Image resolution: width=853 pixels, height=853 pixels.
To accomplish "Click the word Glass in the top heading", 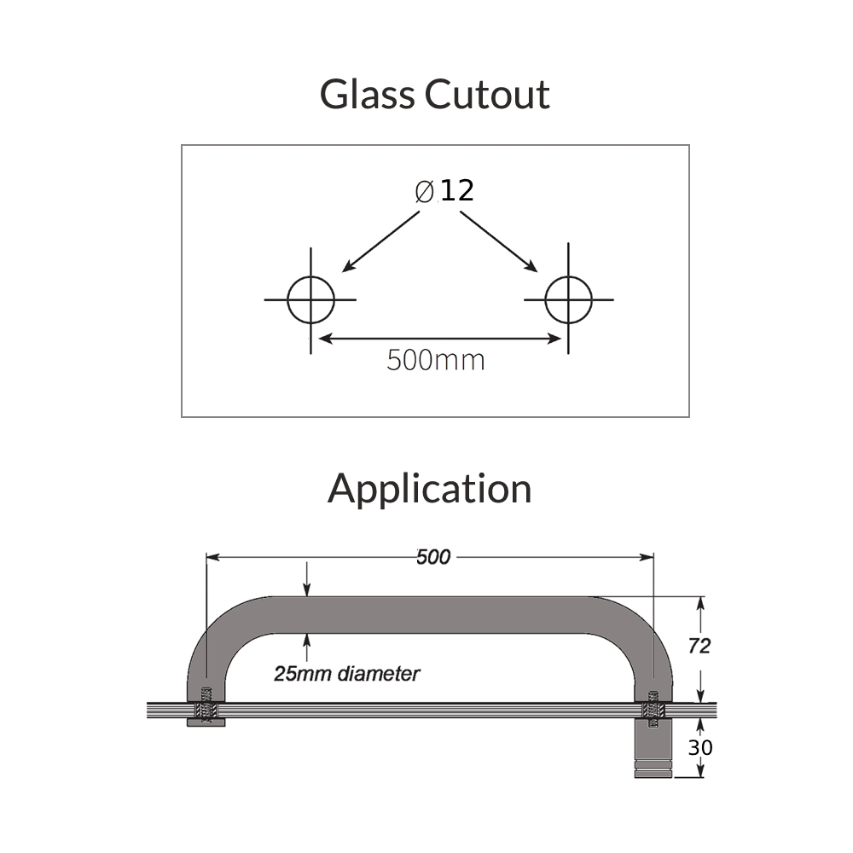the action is click(367, 94).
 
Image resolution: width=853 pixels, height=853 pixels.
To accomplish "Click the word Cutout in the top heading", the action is click(487, 94).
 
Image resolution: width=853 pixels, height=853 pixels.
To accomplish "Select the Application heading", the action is click(429, 490).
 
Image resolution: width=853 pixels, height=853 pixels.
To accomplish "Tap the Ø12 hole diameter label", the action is click(444, 190).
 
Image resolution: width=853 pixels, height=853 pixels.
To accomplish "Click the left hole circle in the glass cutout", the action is click(310, 299).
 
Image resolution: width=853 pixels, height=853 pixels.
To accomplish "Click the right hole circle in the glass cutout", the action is click(568, 299).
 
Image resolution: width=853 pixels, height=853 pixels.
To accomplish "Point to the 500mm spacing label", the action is click(436, 360).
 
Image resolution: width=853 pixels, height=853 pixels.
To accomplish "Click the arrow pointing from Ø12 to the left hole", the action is click(380, 241).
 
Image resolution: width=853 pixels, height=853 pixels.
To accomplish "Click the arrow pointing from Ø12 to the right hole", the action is click(499, 241).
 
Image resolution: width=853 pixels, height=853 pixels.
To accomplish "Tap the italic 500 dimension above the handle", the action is click(433, 557).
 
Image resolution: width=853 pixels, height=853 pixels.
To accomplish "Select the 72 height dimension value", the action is click(699, 646).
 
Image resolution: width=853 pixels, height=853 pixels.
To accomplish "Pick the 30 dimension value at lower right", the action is click(700, 747).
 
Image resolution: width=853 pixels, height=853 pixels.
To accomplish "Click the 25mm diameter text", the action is click(346, 674).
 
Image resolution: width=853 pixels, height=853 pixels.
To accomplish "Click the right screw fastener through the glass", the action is click(653, 709).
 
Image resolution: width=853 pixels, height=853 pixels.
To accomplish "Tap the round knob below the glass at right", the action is click(653, 748).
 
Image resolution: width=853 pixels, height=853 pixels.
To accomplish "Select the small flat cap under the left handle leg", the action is click(206, 722).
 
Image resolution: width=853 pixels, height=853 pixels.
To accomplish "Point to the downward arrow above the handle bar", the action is click(307, 579).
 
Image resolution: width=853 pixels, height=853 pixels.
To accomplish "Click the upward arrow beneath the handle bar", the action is click(307, 647).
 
